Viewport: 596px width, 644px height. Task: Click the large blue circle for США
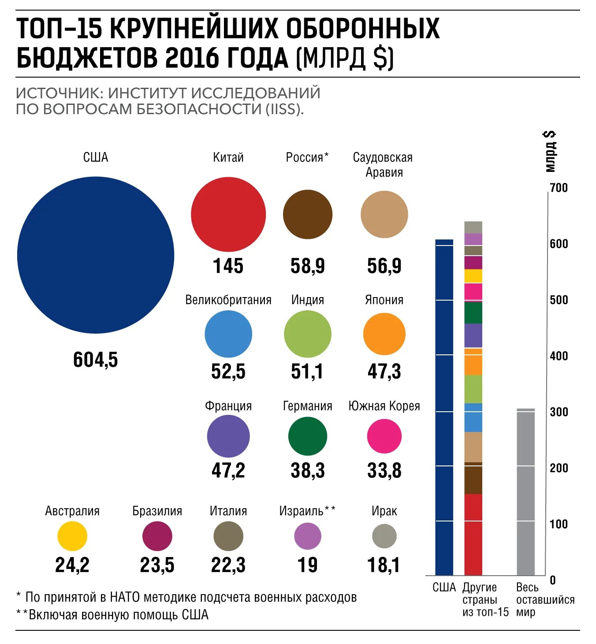coord(96,255)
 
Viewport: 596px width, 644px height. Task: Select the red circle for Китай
coord(228,214)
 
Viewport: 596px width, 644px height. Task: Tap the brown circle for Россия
coord(307,215)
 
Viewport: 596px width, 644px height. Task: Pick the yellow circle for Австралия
coord(72,536)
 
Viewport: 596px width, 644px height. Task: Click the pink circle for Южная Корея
coord(384,436)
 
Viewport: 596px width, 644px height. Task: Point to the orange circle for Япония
coord(384,334)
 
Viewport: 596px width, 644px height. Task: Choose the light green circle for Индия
coord(307,334)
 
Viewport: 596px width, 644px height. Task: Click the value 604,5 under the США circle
coord(96,360)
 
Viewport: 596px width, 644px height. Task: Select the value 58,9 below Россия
coord(307,266)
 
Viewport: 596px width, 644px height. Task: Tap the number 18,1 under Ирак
coord(384,565)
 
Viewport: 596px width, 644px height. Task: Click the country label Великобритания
coord(228,300)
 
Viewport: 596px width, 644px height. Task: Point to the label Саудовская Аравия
coord(383,164)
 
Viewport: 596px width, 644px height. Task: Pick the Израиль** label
coord(307,511)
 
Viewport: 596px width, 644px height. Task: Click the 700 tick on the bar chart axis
coord(559,188)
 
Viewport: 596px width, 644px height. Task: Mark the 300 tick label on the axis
coord(559,412)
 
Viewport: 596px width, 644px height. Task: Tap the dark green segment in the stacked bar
coord(473,313)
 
